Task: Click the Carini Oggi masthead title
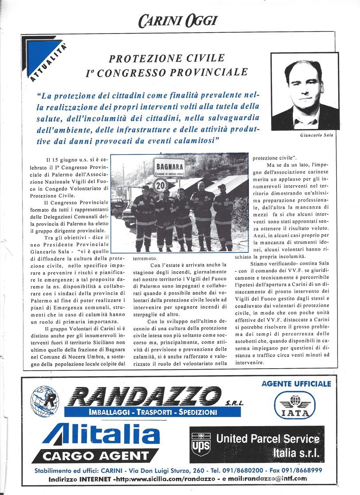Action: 178,20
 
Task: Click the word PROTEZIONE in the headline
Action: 143,58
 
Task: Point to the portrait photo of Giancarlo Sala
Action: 305,92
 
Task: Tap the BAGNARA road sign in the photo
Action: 170,168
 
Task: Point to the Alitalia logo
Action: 102,434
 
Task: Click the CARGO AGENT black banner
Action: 96,455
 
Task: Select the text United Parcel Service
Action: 268,439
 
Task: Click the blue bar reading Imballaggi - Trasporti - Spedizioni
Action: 153,412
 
